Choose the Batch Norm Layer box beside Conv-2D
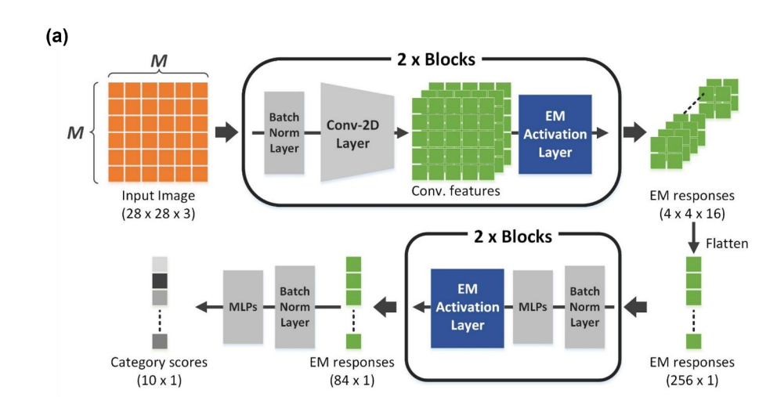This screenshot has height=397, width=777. click(284, 133)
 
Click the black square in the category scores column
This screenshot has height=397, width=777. click(160, 281)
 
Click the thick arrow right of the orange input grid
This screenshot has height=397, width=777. click(226, 132)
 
